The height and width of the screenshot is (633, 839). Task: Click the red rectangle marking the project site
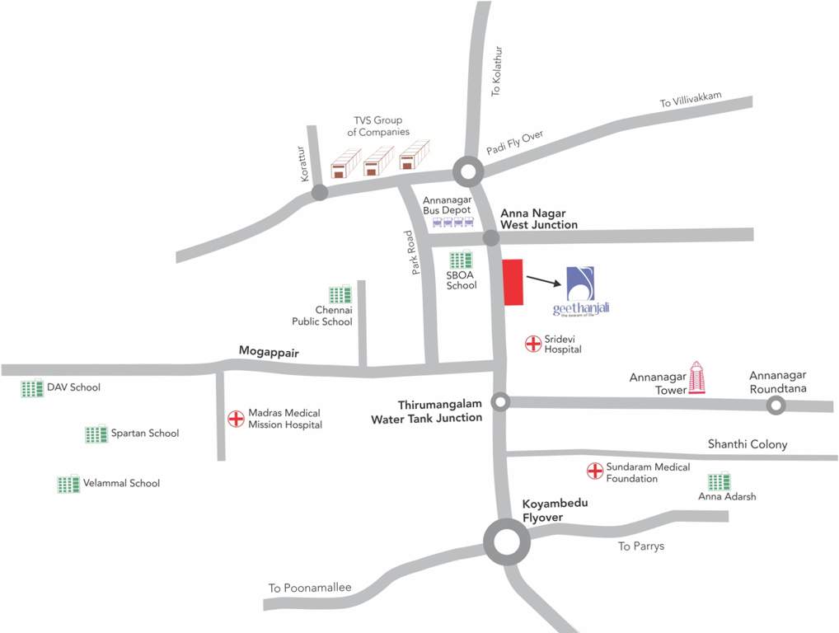[513, 283]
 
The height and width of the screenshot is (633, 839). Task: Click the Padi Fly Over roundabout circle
[468, 173]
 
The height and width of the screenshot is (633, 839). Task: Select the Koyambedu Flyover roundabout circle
[505, 541]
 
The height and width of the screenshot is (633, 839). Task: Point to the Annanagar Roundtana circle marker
[775, 405]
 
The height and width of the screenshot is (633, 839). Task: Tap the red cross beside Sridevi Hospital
[533, 343]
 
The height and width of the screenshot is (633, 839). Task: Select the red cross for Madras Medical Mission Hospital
[237, 419]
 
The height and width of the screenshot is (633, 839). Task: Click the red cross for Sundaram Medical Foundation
[594, 471]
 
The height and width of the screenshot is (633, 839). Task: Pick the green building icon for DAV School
[32, 388]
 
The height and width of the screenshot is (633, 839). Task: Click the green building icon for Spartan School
[96, 434]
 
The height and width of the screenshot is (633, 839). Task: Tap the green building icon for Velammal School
[68, 484]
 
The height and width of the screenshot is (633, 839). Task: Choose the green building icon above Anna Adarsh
[719, 481]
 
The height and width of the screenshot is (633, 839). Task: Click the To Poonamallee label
[310, 588]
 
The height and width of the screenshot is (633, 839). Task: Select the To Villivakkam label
[690, 101]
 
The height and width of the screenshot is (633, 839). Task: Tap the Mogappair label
[268, 351]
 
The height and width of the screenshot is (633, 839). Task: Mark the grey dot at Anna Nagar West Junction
[491, 238]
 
